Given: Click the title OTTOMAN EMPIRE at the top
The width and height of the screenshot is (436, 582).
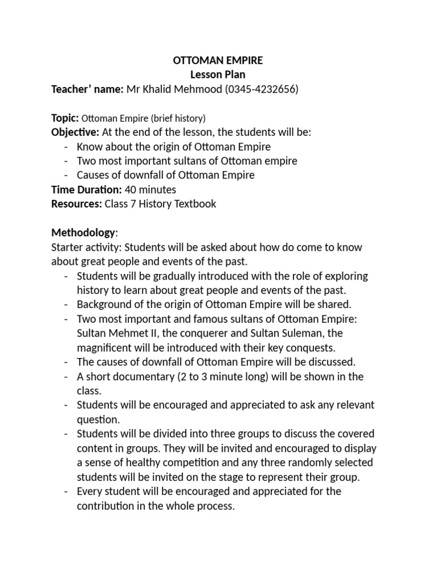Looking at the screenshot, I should [x=218, y=60].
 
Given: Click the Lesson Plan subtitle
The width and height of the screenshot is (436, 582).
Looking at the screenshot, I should [x=218, y=74].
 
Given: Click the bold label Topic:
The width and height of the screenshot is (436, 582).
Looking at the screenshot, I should [x=65, y=118].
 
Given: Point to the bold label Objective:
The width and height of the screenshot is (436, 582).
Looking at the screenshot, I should [x=75, y=132].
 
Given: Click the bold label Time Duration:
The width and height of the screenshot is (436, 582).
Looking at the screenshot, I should [x=86, y=189].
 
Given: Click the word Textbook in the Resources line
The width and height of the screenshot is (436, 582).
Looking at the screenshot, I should [x=194, y=203].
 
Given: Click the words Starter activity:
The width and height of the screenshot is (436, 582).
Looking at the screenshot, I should [x=86, y=247].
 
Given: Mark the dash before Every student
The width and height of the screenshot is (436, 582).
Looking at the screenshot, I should [x=66, y=491].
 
